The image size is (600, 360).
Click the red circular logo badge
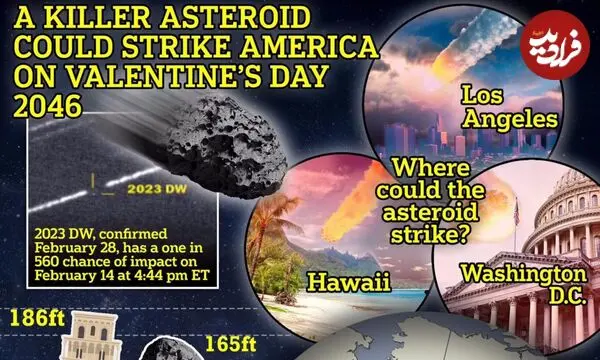[554, 45]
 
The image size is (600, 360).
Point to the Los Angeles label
[509, 107]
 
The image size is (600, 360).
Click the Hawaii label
[349, 283]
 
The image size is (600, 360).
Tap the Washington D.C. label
[524, 284]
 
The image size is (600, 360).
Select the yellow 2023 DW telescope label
[157, 189]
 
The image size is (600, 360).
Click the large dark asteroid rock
[227, 147]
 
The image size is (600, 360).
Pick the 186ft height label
[38, 318]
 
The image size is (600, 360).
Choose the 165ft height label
[230, 344]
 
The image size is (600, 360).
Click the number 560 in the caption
[47, 262]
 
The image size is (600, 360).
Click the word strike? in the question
[430, 235]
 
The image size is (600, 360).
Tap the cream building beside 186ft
[91, 336]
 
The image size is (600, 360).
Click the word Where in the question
[431, 168]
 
